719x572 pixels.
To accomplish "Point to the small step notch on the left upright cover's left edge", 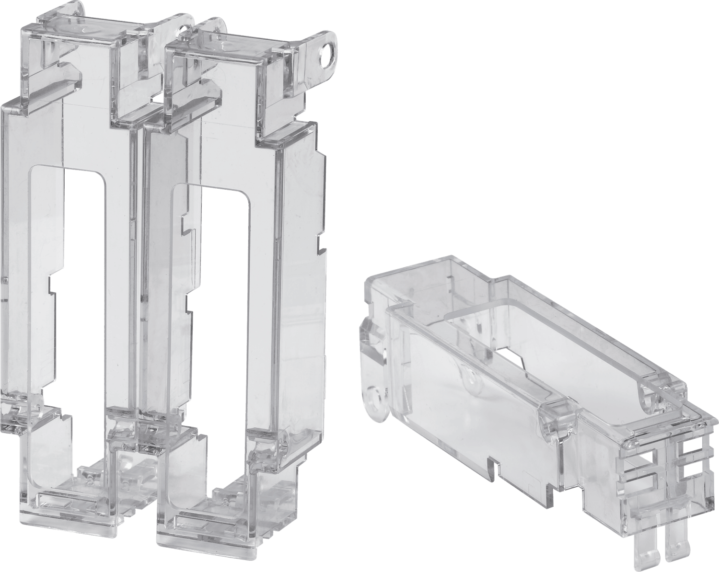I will pos(50,285).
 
